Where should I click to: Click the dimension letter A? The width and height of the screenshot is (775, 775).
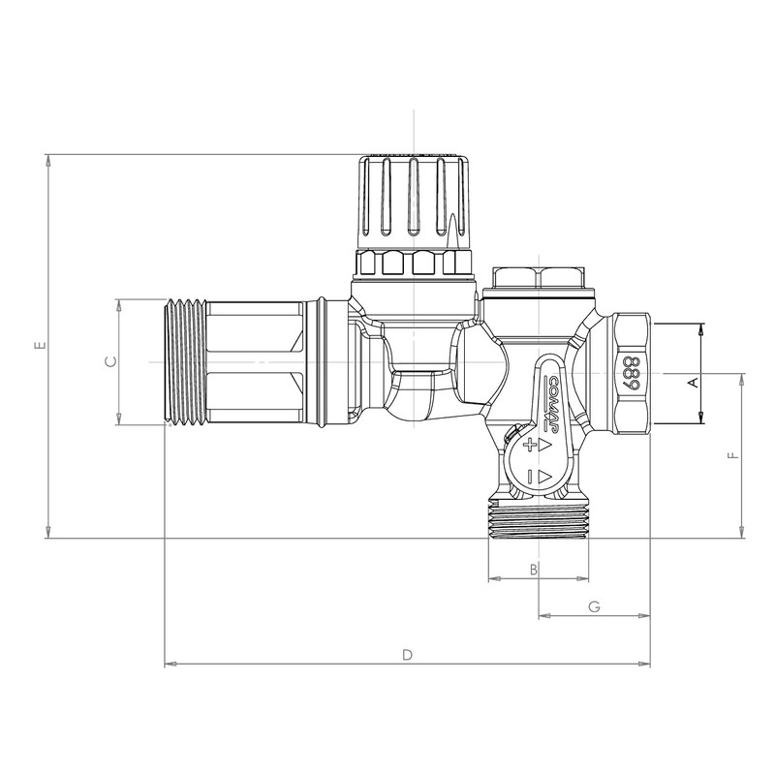[x=693, y=382]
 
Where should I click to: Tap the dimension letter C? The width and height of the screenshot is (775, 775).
[x=110, y=361]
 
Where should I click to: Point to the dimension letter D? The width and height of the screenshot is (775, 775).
[x=408, y=655]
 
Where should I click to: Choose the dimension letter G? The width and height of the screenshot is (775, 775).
[x=595, y=606]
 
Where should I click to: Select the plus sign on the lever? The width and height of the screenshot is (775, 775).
[x=530, y=447]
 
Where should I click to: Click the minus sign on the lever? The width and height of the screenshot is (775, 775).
[x=530, y=475]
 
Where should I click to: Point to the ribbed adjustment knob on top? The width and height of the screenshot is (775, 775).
[x=411, y=199]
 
